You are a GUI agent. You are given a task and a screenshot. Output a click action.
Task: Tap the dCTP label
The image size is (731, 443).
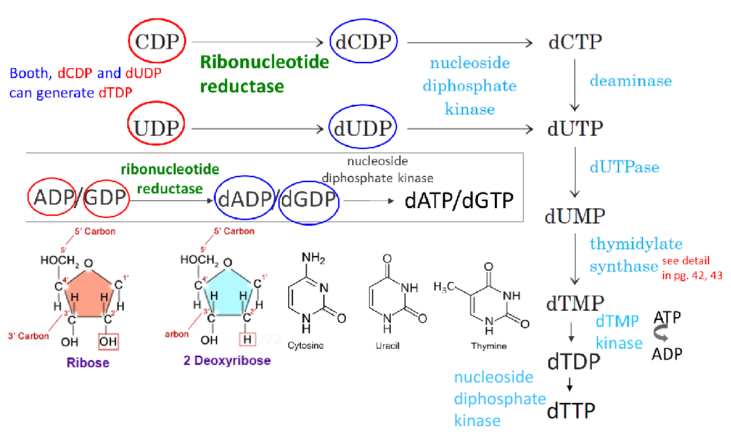pyautogui.click(x=575, y=41)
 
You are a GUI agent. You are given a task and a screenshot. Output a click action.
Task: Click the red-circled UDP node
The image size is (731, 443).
pyautogui.click(x=156, y=128)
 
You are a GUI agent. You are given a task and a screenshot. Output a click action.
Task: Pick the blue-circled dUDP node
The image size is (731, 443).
pyautogui.click(x=363, y=129)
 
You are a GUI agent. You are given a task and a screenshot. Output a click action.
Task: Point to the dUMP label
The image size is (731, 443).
pyautogui.click(x=575, y=215)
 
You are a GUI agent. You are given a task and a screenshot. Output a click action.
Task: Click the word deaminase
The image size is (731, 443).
pyautogui.click(x=630, y=80)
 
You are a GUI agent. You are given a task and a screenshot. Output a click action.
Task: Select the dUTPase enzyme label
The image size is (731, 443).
pyautogui.click(x=624, y=167)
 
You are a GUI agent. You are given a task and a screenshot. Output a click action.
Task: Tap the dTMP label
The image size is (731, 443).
pyautogui.click(x=575, y=303)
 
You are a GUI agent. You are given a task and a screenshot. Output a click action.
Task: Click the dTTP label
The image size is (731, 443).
pyautogui.click(x=571, y=409)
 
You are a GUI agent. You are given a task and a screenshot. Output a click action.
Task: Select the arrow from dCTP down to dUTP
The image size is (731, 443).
pyautogui.click(x=576, y=85)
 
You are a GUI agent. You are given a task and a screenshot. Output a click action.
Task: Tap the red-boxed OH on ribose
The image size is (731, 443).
pyautogui.click(x=108, y=341)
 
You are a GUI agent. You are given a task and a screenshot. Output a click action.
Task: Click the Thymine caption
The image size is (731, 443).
pyautogui.click(x=489, y=346)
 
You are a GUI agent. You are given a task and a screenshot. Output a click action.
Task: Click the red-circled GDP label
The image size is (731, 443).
pyautogui.click(x=108, y=200)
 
